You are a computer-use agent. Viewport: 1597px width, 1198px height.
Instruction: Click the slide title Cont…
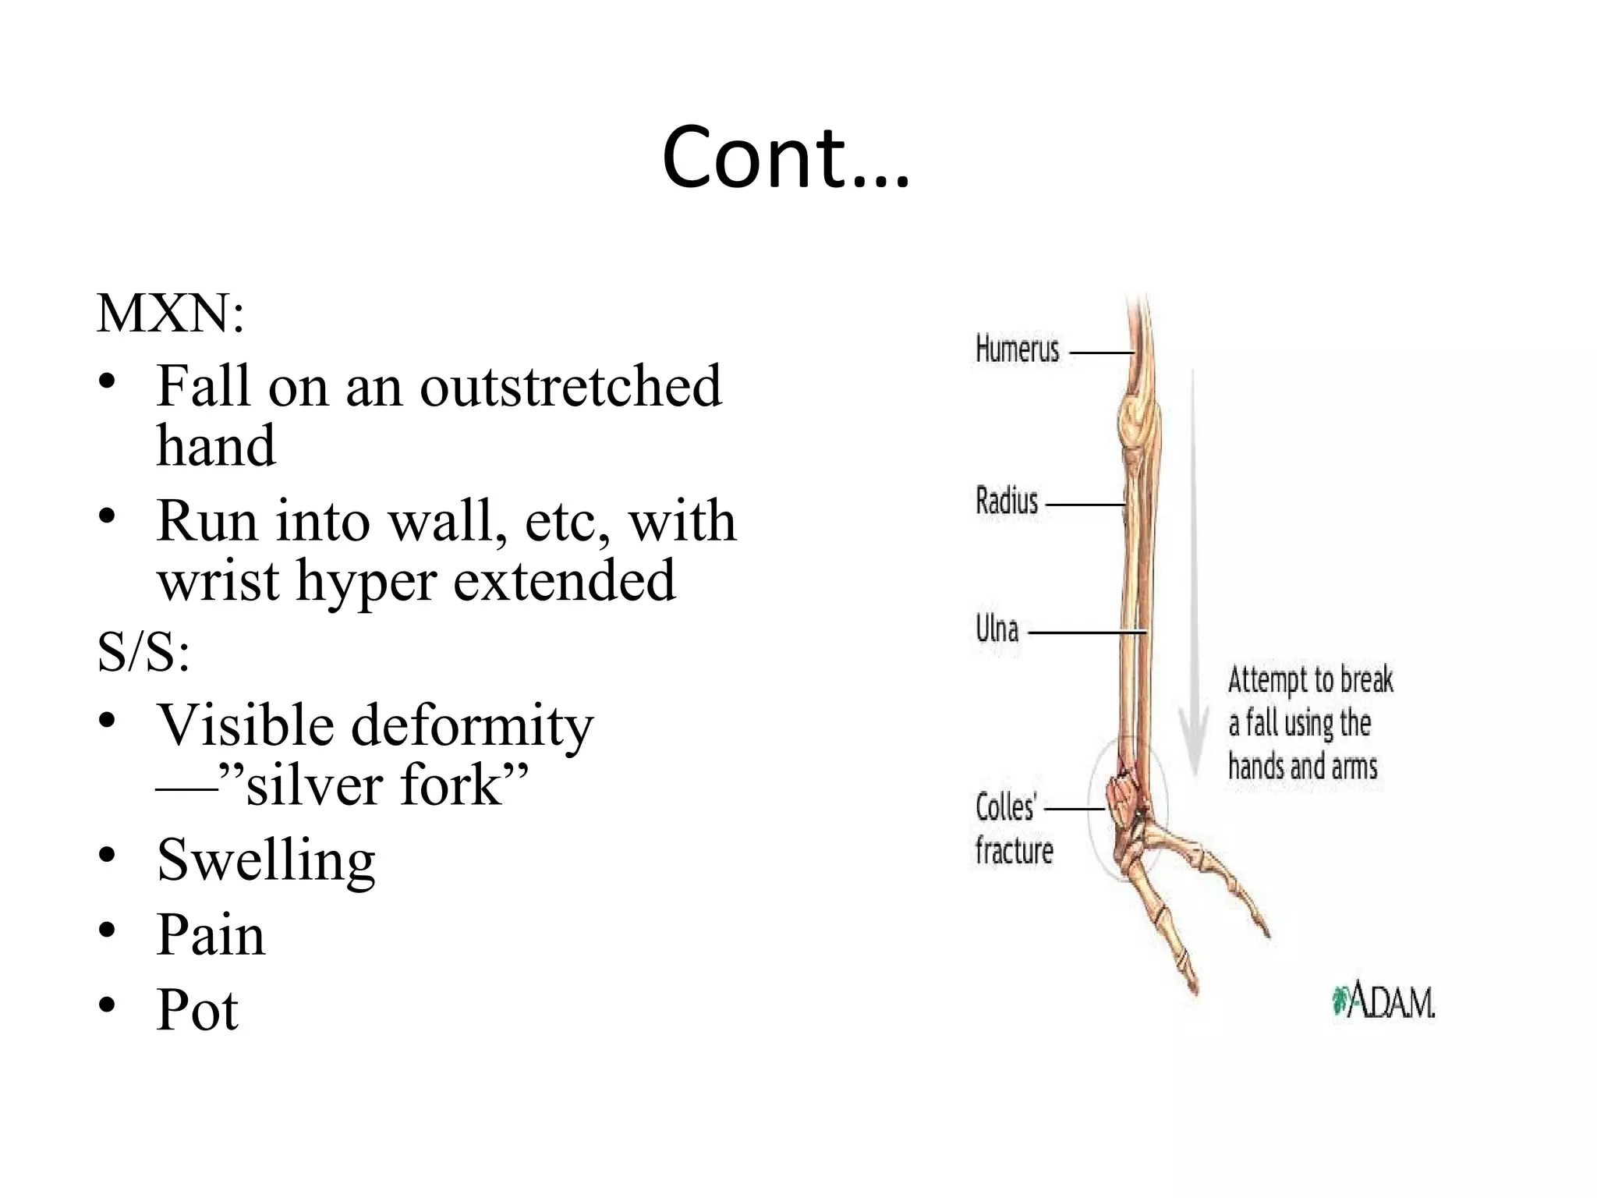785,158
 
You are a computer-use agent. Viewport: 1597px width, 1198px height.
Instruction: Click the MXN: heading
170,314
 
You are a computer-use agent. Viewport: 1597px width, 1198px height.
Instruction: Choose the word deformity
472,726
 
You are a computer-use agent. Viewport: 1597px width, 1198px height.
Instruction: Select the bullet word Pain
211,935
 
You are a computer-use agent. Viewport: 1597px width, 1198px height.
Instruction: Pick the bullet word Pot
197,1010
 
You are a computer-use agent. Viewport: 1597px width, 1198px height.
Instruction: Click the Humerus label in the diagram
1017,349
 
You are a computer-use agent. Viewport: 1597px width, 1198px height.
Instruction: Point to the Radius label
1007,501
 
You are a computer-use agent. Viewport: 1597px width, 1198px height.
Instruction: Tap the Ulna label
997,629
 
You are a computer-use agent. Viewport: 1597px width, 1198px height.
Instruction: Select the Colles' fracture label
1013,828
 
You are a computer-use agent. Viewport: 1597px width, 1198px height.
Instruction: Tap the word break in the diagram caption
1366,680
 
